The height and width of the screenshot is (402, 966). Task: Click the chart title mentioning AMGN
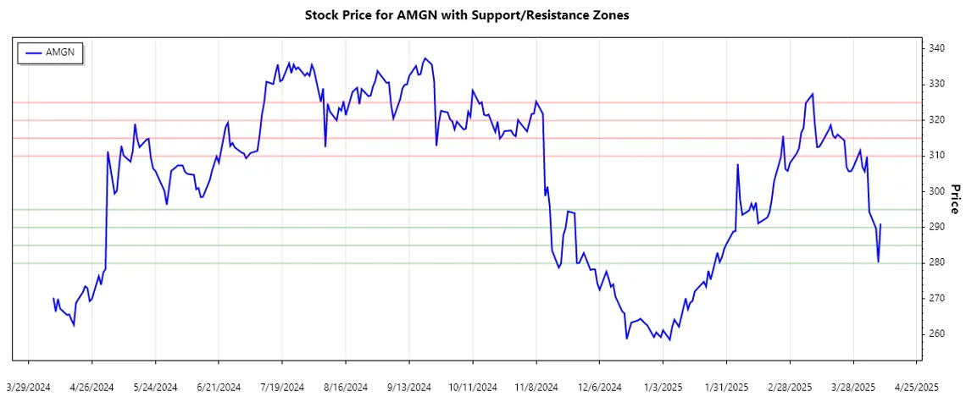(466, 15)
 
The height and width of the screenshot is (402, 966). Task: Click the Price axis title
(954, 200)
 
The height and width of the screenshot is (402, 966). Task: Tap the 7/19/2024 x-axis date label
(282, 387)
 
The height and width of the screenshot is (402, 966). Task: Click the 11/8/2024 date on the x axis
(536, 387)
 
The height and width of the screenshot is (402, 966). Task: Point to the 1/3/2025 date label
(663, 387)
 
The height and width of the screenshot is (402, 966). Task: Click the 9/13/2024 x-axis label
(409, 387)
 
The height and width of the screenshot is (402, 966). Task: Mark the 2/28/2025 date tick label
(791, 387)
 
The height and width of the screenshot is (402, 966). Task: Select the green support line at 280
(424, 263)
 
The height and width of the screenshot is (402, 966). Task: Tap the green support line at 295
(424, 209)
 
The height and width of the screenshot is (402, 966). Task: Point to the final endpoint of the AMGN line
(881, 224)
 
